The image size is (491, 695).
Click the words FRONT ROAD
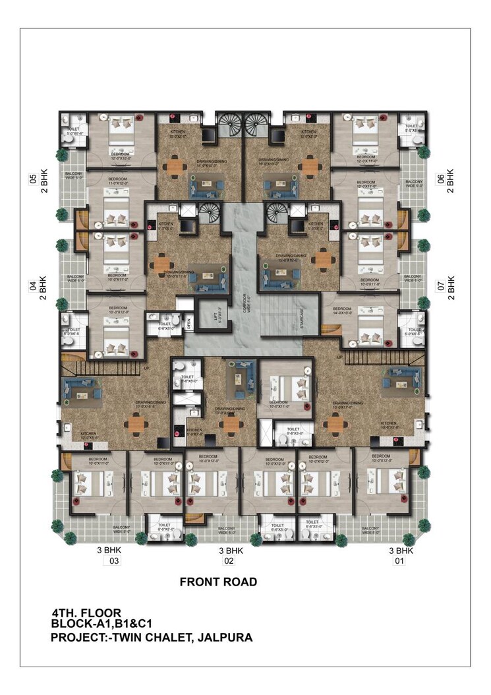tap(218, 582)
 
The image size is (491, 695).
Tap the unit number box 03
tap(114, 562)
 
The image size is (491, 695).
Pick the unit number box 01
tap(398, 562)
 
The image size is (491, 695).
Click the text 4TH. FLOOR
tap(86, 613)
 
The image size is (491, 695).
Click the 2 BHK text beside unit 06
tap(451, 180)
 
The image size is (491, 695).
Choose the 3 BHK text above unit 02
tap(231, 550)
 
